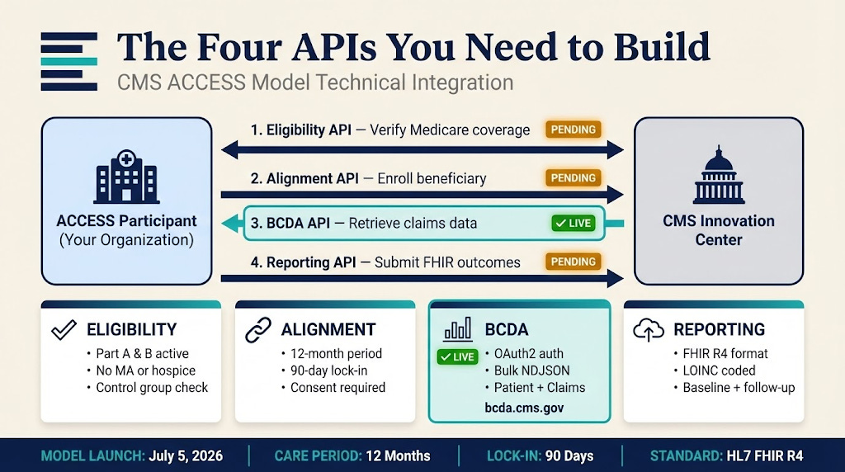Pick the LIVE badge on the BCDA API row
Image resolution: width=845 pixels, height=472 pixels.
click(574, 224)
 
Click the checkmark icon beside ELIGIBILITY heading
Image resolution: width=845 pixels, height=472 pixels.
click(64, 330)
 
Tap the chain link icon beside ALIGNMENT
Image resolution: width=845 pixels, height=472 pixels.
click(258, 330)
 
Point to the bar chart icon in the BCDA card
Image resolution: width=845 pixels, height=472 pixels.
click(459, 329)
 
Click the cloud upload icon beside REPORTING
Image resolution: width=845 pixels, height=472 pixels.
click(649, 330)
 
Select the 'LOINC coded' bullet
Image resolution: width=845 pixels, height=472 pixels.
click(719, 371)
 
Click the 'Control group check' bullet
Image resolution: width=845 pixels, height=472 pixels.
click(152, 388)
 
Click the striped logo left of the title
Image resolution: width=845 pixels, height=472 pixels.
click(69, 61)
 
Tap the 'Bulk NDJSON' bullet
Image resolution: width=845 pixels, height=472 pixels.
click(532, 371)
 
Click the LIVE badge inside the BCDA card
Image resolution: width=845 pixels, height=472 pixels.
click(457, 357)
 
